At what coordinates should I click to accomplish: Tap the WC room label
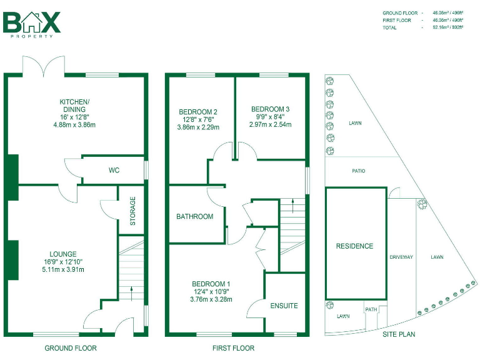click(x=114, y=170)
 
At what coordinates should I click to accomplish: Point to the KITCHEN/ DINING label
click(x=74, y=105)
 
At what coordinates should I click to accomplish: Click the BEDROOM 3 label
click(x=271, y=109)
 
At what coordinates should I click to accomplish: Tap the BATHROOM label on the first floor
click(x=194, y=217)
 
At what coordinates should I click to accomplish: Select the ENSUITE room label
click(x=284, y=306)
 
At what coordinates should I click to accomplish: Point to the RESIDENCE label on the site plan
click(x=354, y=246)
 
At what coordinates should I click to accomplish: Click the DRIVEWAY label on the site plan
click(x=401, y=257)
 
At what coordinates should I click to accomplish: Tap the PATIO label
click(x=358, y=171)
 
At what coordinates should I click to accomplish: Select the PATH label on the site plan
click(x=371, y=309)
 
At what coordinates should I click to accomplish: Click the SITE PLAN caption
click(x=398, y=334)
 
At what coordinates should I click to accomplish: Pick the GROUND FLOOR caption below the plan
click(x=71, y=348)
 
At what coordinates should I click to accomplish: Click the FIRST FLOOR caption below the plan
click(x=233, y=348)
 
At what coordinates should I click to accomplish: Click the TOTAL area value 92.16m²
click(x=451, y=27)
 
